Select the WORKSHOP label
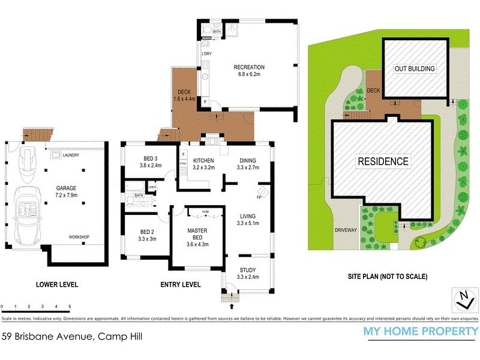79,237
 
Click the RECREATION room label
249,67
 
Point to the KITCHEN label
203,161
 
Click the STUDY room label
248,270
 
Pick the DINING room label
248,161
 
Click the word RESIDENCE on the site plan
383,161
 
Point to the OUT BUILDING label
415,69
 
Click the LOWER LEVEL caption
57,284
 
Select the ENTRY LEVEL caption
180,284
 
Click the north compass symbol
463,296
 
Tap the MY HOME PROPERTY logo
421,331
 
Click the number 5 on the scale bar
70,307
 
